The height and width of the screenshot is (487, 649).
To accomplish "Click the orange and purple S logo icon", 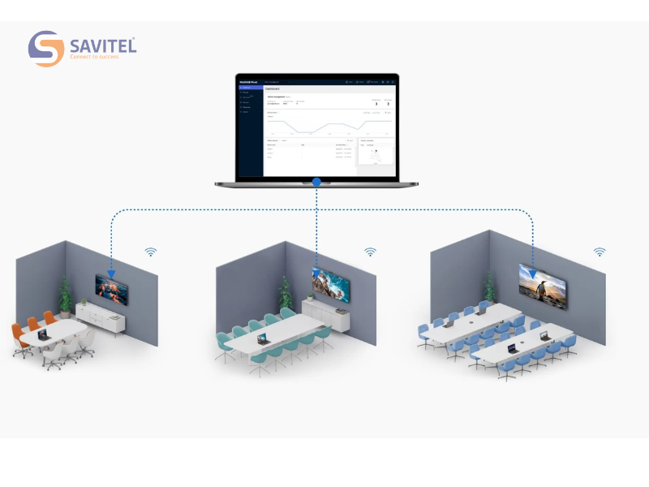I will pos(45,49).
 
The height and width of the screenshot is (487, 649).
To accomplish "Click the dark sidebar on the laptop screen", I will pos(249,130).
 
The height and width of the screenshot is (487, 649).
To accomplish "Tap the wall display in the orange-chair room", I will pos(111,288).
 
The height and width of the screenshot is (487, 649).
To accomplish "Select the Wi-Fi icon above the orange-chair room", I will pos(150,252).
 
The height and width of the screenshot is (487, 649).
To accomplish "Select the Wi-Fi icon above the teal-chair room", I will pos(370,252).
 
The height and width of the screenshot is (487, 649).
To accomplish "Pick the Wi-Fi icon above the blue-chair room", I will pos(600,252).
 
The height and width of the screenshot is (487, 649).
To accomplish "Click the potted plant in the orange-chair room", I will pos(65,296).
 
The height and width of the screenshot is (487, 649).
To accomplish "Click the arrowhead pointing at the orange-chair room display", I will pos(111,274).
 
